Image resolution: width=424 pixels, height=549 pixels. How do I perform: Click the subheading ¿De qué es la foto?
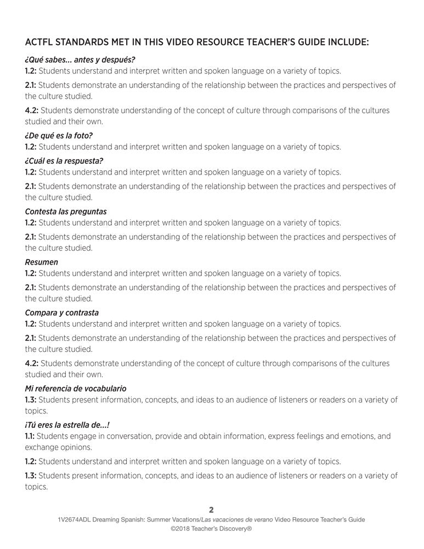[x=59, y=136]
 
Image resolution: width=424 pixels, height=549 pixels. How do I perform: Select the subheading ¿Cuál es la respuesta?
[x=64, y=161]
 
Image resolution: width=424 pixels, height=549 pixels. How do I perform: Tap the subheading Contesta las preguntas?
[x=66, y=211]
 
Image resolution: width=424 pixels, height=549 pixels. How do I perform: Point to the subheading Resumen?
[x=41, y=262]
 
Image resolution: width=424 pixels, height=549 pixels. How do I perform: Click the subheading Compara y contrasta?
[x=62, y=312]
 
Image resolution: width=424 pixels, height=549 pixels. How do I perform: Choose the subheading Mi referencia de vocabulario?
[x=76, y=388]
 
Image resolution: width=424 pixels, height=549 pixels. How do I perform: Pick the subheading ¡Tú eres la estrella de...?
[x=71, y=424]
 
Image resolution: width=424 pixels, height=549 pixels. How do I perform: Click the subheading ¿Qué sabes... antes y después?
[x=80, y=60]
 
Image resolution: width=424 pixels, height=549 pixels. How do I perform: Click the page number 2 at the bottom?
[x=212, y=509]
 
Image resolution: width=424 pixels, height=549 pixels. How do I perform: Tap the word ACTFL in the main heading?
[x=40, y=42]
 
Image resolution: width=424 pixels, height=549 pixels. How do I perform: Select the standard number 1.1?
[x=30, y=436]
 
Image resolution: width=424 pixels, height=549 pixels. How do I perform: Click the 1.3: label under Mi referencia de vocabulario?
[x=31, y=400]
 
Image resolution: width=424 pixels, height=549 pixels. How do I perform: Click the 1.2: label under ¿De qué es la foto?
[x=31, y=147]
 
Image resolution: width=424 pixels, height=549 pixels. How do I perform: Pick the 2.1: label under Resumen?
[x=31, y=287]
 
